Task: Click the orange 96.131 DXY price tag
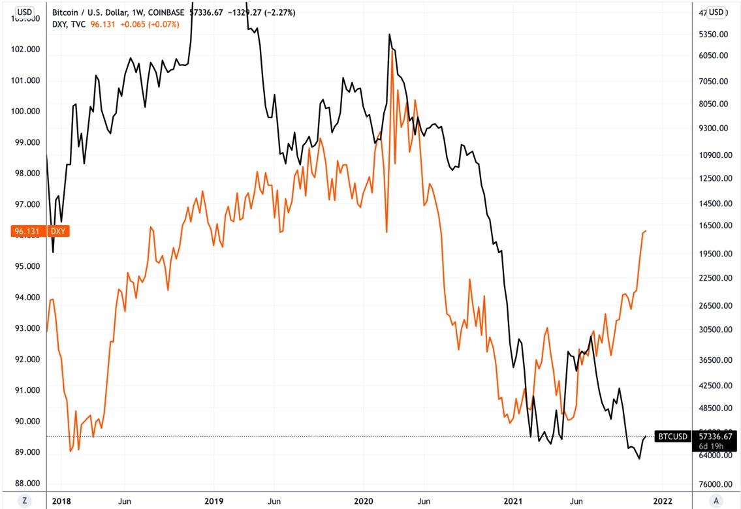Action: [x=40, y=231]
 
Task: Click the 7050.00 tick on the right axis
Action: [x=714, y=81]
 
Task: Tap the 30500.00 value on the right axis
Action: [x=714, y=330]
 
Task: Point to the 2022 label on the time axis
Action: [x=662, y=501]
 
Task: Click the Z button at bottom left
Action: [x=25, y=501]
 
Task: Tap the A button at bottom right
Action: [x=716, y=501]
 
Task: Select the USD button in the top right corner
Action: [x=716, y=12]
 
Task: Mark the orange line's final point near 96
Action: [x=646, y=231]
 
